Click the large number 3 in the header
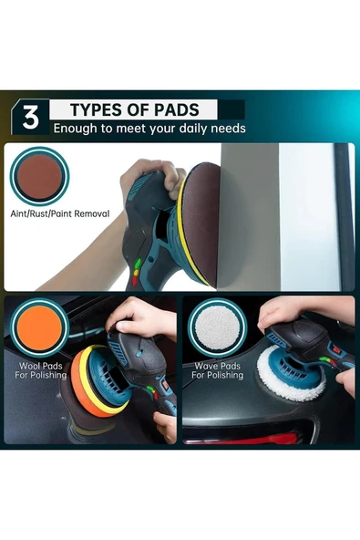[31, 117]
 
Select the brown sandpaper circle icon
[39, 176]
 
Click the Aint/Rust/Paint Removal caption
[60, 213]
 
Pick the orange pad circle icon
[39, 327]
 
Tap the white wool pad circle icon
[218, 327]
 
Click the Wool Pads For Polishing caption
[41, 370]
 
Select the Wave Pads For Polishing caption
[218, 370]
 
